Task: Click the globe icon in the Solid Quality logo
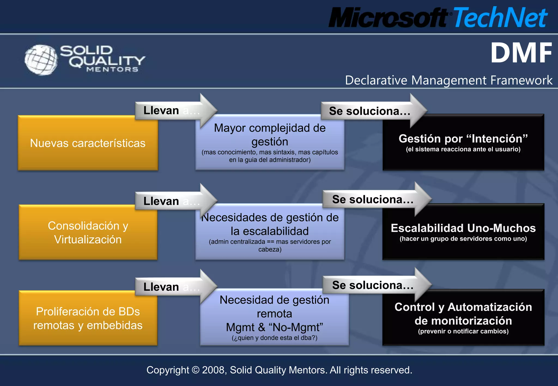point(41,60)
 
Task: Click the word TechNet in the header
point(500,17)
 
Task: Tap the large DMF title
point(521,53)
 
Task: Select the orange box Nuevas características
point(88,143)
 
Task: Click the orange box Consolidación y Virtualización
point(88,233)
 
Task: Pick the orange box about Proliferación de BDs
point(88,318)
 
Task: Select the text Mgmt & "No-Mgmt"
point(274,327)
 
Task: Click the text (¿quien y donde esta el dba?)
point(274,338)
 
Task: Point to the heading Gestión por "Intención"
point(463,139)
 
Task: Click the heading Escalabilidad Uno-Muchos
point(463,228)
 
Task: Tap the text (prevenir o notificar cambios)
point(463,331)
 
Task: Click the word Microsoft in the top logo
point(388,18)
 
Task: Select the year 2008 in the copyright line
point(214,370)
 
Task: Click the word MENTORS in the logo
point(112,69)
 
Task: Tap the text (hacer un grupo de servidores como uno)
point(463,239)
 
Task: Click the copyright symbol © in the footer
point(195,370)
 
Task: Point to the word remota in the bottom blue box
point(274,314)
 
